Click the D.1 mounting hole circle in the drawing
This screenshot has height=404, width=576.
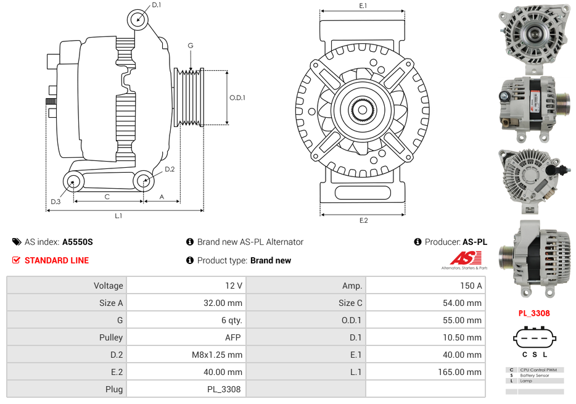(139, 19)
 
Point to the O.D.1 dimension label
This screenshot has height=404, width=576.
(237, 97)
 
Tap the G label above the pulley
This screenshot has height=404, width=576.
(191, 46)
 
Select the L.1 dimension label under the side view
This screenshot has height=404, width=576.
(118, 216)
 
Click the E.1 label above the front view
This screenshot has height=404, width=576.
(363, 6)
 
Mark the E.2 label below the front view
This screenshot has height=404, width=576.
(363, 220)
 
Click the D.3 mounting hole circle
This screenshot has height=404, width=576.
(73, 181)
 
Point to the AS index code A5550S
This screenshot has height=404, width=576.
(77, 242)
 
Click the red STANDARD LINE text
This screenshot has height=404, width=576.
(57, 260)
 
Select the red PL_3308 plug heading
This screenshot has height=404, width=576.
(533, 313)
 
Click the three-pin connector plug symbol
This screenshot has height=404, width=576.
(533, 337)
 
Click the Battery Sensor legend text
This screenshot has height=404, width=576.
(534, 375)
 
